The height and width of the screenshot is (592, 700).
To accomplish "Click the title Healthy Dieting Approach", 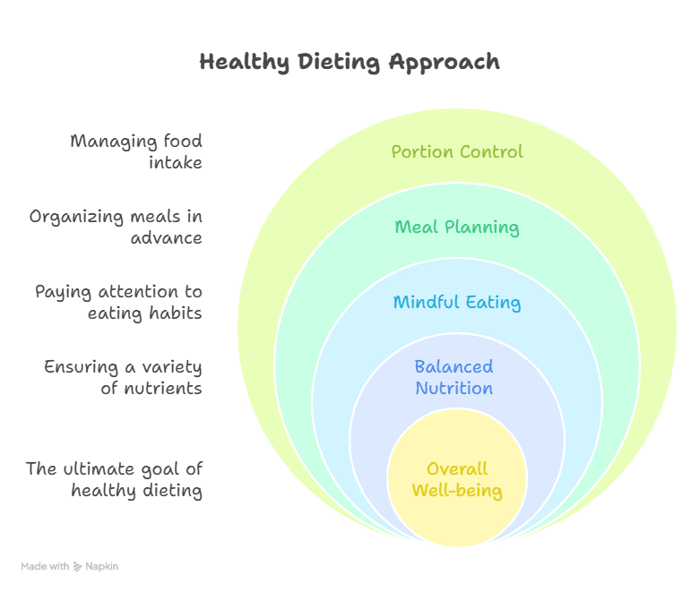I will coord(350,62).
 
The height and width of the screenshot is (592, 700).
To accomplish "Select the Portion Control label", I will coord(457,151).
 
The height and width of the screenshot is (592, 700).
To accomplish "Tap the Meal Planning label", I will coord(457,227).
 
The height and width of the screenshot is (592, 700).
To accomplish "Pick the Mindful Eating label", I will coord(457,302).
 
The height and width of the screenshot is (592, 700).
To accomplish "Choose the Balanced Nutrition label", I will coord(454,377).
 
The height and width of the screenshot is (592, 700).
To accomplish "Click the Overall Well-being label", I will coord(457,479).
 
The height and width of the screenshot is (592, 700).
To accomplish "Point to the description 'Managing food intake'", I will coord(136,151).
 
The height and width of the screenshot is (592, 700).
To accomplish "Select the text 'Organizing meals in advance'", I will coord(116,227).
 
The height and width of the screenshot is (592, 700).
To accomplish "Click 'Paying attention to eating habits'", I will coord(118,302).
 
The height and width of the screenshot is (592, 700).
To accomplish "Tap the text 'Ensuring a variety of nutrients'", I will coord(123,377).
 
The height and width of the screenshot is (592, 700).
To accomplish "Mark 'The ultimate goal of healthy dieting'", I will coord(114,479).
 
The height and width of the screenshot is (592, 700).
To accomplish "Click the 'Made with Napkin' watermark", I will coord(69,566).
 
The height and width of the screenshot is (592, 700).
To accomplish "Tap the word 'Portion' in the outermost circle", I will coord(421,151).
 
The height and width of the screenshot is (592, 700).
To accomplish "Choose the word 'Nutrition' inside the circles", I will coord(454,388).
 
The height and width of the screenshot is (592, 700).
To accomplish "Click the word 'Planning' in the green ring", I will coord(482,227).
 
